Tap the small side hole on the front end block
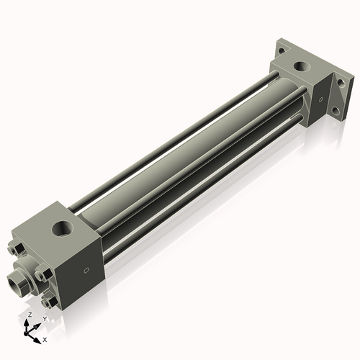click(x=87, y=271)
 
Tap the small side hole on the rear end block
click(x=321, y=100)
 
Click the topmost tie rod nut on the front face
click(x=17, y=249)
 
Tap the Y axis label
click(x=44, y=318)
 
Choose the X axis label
click(x=45, y=338)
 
